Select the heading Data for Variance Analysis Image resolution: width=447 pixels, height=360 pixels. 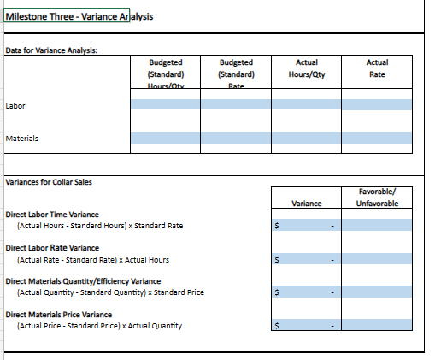point(51,50)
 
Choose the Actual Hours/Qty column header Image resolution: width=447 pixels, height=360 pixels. point(306,68)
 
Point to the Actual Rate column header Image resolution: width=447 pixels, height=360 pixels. point(376,68)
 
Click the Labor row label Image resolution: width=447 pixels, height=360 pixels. point(16,105)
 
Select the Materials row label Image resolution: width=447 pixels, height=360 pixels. point(22,137)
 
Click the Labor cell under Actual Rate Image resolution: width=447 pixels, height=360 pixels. point(376,105)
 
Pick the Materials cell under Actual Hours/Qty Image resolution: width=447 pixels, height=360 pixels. point(306,137)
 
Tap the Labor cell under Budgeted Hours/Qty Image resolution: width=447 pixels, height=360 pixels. point(165,105)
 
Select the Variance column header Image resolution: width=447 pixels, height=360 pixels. point(306,204)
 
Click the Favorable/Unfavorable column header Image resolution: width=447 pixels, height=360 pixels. point(376,198)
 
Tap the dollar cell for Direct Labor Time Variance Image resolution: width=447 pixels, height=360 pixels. point(306,226)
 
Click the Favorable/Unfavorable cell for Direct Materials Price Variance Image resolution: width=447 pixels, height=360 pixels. point(376,326)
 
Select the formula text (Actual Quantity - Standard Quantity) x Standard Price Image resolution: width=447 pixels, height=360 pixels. point(110,292)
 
